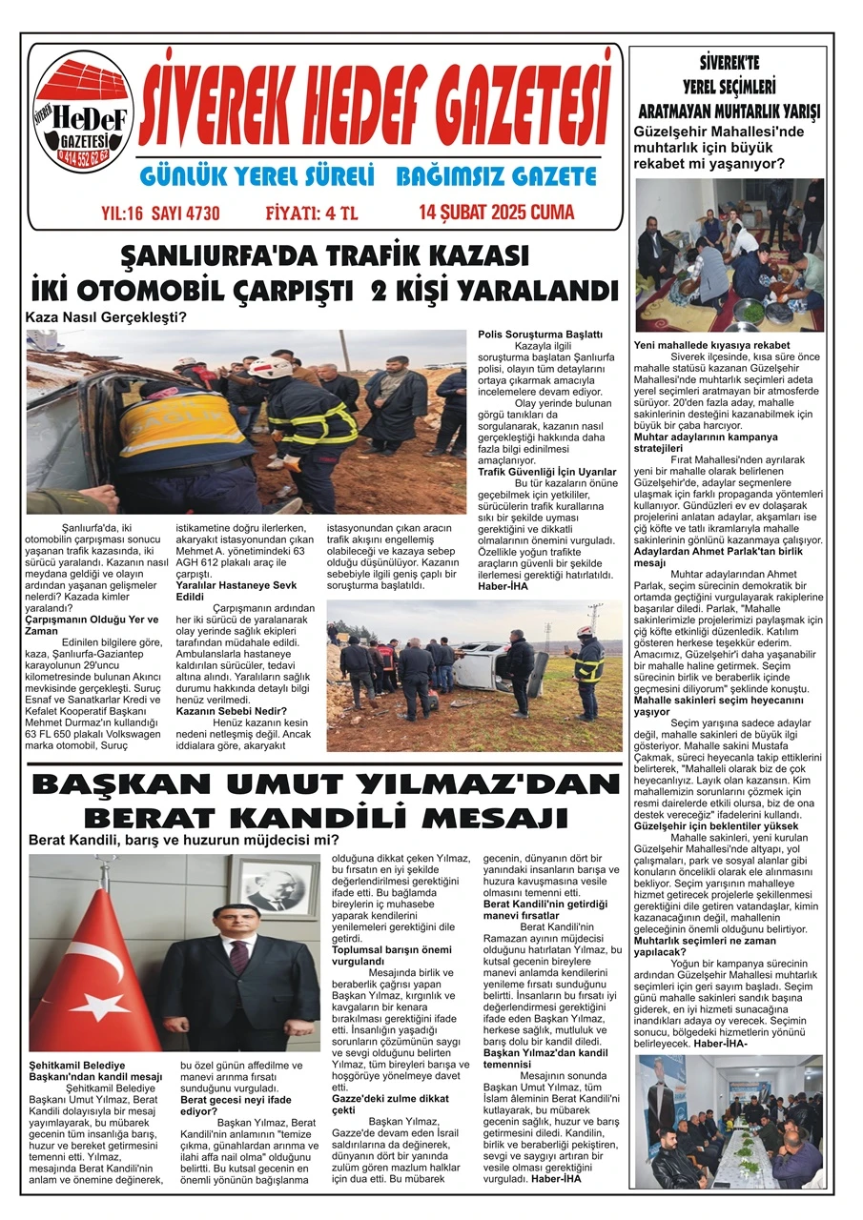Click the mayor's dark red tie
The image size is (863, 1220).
(x=238, y=956)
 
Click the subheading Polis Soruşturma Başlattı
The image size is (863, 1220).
(x=540, y=335)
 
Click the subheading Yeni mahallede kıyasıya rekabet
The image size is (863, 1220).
(x=711, y=345)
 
